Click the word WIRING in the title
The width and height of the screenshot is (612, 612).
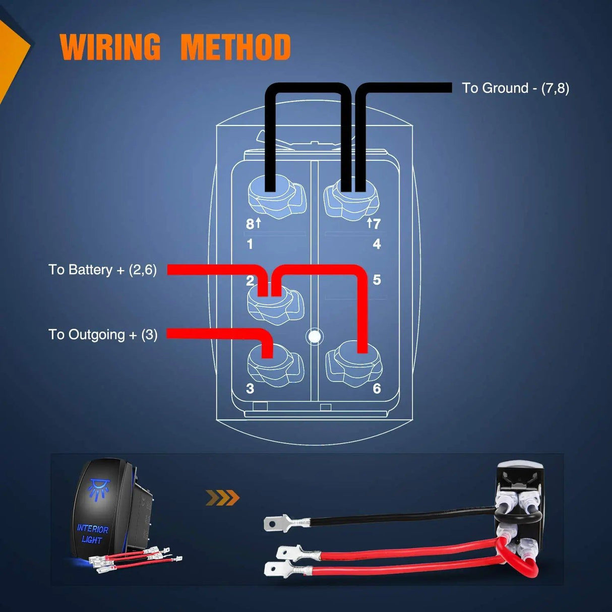click(x=110, y=47)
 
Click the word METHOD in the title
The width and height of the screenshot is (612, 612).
click(x=235, y=47)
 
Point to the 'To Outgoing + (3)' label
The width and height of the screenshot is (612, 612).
click(x=103, y=335)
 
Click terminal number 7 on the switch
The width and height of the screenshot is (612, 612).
click(x=376, y=223)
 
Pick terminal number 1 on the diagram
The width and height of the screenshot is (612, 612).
click(x=250, y=244)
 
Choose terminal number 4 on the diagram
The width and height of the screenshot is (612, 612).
click(x=377, y=244)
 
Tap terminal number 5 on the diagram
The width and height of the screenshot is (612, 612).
click(x=377, y=280)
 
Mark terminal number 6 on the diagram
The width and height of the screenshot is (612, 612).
click(x=377, y=388)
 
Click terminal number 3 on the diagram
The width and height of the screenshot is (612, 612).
click(x=250, y=389)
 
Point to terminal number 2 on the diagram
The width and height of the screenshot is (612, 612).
click(x=250, y=281)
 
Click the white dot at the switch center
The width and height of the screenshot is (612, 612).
click(x=315, y=336)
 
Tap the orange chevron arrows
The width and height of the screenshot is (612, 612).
click(x=222, y=498)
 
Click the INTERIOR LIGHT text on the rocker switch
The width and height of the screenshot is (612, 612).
click(x=92, y=534)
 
